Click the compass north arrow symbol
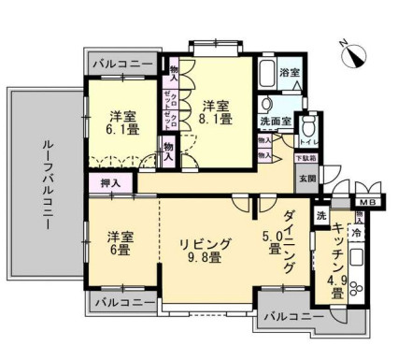click(x=350, y=55)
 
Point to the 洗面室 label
click(x=276, y=122)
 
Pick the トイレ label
click(x=306, y=142)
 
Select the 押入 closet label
click(x=110, y=183)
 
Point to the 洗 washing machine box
click(x=321, y=217)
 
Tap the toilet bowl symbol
click(x=312, y=125)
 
